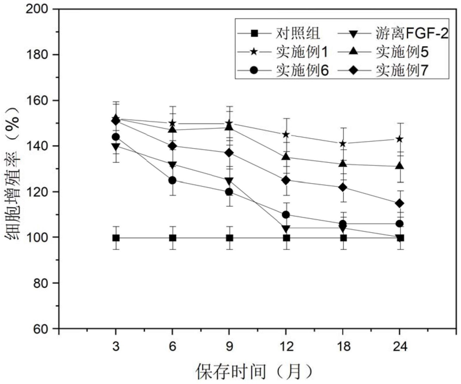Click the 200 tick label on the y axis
[37, 9]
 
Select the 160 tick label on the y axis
[37, 100]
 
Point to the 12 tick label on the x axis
[286, 347]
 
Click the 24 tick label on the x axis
[400, 347]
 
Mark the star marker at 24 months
[400, 139]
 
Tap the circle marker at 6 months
[173, 180]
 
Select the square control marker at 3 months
[116, 238]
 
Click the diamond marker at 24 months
[400, 203]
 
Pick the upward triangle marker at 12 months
[286, 157]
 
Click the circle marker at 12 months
[286, 215]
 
